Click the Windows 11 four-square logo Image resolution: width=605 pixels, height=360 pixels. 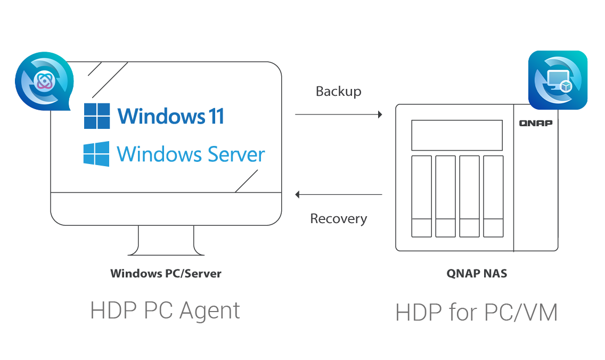click(x=97, y=116)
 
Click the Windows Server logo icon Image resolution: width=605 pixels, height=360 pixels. click(x=96, y=154)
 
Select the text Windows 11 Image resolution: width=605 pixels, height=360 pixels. click(x=170, y=116)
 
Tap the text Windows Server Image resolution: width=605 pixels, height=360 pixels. click(x=191, y=154)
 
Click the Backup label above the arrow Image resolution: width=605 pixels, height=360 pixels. click(x=338, y=92)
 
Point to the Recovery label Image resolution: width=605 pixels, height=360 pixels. click(x=338, y=219)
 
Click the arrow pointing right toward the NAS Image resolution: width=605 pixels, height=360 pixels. click(x=339, y=114)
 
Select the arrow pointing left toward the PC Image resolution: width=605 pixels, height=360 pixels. click(x=339, y=194)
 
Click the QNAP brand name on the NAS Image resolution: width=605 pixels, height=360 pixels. click(x=536, y=123)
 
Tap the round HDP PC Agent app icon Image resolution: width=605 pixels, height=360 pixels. click(x=44, y=80)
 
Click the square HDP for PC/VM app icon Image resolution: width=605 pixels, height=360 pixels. click(x=558, y=80)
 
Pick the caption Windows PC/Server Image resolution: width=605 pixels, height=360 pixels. click(x=166, y=274)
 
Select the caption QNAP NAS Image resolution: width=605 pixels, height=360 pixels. click(x=477, y=274)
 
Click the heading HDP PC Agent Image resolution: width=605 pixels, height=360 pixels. click(x=165, y=310)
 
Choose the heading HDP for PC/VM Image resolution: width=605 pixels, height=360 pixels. click(x=477, y=313)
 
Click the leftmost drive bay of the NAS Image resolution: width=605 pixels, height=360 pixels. click(x=421, y=197)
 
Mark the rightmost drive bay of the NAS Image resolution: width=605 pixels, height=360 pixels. click(x=493, y=197)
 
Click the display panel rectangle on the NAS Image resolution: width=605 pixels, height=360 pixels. click(x=457, y=135)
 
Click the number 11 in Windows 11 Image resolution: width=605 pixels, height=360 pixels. click(x=216, y=116)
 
